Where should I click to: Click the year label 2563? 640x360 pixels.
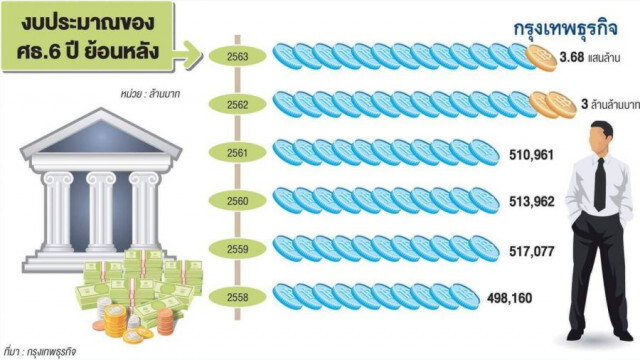click(x=238, y=56)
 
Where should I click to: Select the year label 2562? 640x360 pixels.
click(x=238, y=105)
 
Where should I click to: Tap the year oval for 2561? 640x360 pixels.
click(x=238, y=153)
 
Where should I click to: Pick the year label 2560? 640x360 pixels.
click(x=238, y=201)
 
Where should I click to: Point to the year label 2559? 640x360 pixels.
click(x=238, y=249)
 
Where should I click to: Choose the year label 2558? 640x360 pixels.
click(x=238, y=297)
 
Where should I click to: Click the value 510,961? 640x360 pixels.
click(x=531, y=155)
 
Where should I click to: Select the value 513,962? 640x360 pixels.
click(x=531, y=202)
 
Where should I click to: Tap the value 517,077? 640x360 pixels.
click(x=531, y=251)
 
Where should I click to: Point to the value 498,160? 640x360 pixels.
click(x=509, y=298)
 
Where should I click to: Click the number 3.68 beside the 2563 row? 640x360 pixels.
click(x=571, y=57)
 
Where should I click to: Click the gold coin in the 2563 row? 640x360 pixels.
click(x=540, y=58)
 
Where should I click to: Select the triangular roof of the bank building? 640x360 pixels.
click(x=101, y=133)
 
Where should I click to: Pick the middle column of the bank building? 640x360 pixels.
click(x=101, y=211)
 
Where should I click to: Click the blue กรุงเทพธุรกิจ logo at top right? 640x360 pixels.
click(x=565, y=29)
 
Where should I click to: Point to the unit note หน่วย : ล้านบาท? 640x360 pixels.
click(x=150, y=94)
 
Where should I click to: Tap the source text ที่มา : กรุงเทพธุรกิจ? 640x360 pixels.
click(x=39, y=351)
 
